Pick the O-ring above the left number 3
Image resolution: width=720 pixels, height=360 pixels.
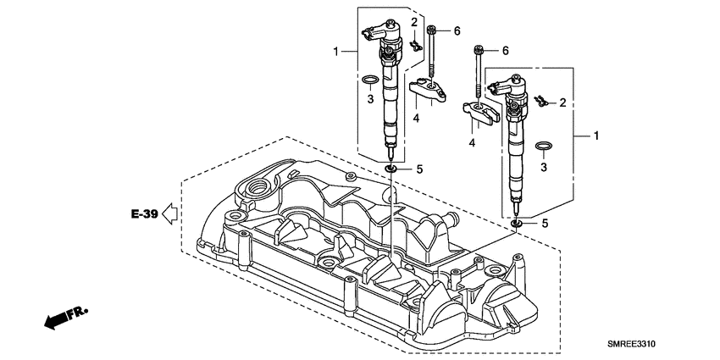[x=368, y=80]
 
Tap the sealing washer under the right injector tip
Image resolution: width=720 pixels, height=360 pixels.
[x=517, y=224]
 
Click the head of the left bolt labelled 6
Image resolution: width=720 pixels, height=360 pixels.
[x=433, y=30]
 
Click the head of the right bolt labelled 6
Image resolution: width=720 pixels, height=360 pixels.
[x=480, y=50]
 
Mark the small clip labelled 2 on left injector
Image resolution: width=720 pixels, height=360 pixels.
[x=414, y=44]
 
